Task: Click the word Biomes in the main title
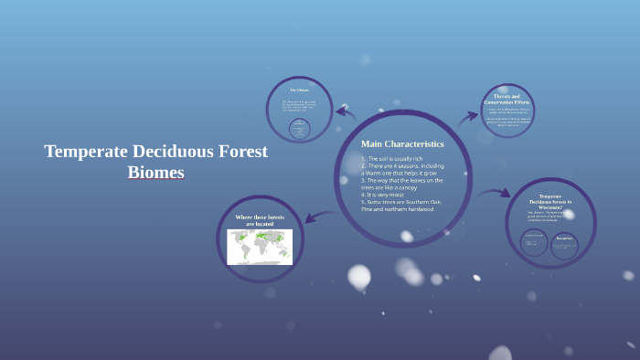(156, 172)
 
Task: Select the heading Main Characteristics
(402, 143)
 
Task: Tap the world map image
(260, 246)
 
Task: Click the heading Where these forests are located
(260, 220)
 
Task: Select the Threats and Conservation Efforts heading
(507, 98)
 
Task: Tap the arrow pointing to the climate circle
(345, 111)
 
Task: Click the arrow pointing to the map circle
(317, 217)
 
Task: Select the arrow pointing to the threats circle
(469, 117)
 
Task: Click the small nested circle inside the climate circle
(298, 129)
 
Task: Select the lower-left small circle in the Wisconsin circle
(534, 242)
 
